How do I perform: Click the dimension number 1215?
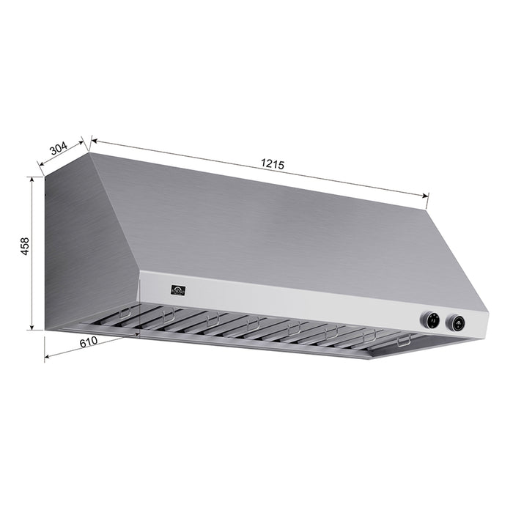pyautogui.click(x=272, y=165)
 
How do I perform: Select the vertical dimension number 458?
pyautogui.click(x=23, y=246)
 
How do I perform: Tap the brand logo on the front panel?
pyautogui.click(x=178, y=289)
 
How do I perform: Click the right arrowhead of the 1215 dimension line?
pyautogui.click(x=427, y=196)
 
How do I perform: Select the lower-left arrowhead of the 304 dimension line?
pyautogui.click(x=40, y=173)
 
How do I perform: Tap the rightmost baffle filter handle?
pyautogui.click(x=403, y=342)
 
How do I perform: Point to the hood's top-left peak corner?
pyautogui.click(x=90, y=153)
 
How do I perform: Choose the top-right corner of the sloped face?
pyautogui.click(x=427, y=207)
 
